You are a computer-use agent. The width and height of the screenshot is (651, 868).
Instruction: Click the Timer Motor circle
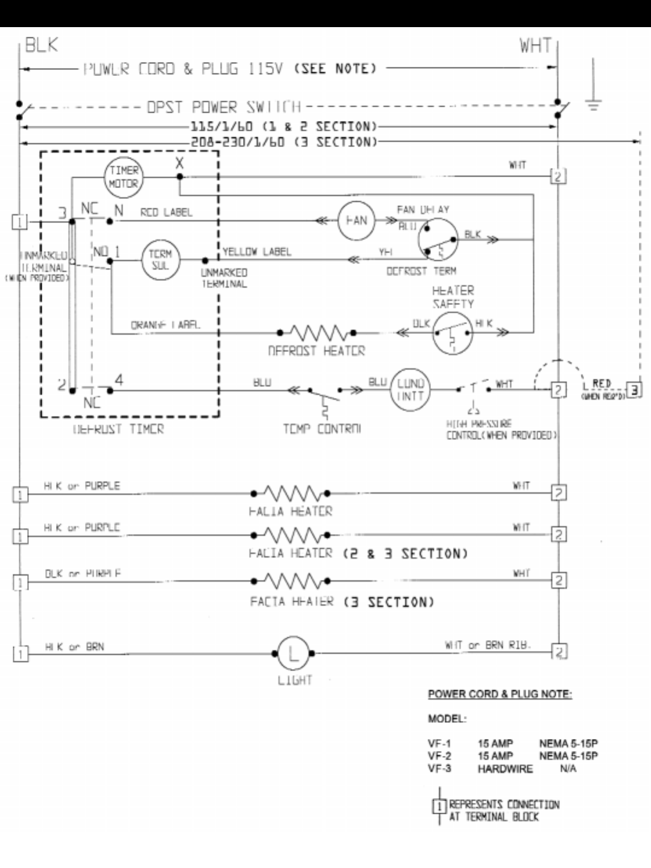[x=124, y=177]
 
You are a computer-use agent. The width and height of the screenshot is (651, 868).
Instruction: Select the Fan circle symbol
[x=356, y=221]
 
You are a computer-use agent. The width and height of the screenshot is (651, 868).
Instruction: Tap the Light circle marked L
[x=294, y=653]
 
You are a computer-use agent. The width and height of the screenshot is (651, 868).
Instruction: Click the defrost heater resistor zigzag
[x=316, y=332]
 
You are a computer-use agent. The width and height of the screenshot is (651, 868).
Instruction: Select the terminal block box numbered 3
[x=634, y=390]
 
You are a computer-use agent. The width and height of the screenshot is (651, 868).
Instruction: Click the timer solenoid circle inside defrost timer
[x=160, y=260]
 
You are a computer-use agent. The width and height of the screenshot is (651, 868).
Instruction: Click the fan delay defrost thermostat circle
[x=438, y=239]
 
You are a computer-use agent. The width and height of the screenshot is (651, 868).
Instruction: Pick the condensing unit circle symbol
[x=410, y=390]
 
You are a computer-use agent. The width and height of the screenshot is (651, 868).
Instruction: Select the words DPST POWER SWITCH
[x=224, y=107]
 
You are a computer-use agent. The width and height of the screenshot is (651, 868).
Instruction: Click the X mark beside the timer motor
[x=179, y=163]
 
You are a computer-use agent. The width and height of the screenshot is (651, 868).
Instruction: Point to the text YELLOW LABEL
[x=257, y=251]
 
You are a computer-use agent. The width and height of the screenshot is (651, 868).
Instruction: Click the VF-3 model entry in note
[x=439, y=769]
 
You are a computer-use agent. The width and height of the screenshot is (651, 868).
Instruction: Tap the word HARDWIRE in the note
[x=505, y=769]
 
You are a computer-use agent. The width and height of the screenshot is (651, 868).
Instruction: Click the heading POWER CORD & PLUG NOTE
[x=500, y=694]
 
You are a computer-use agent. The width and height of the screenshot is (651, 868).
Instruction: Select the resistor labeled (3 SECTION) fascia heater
[x=291, y=581]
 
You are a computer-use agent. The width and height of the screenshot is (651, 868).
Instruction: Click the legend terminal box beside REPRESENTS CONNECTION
[x=439, y=806]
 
